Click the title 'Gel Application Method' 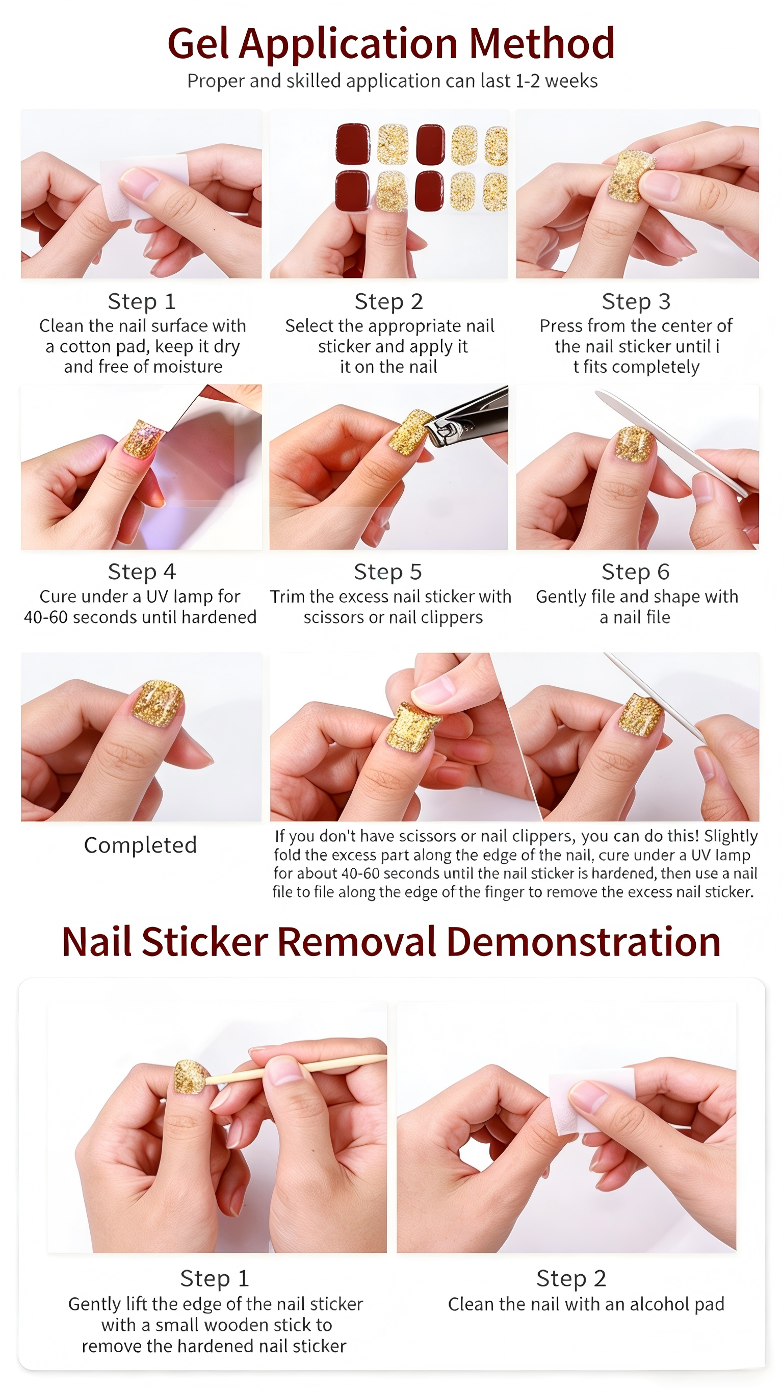pos(390,43)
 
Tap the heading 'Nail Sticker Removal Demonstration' pos(391,941)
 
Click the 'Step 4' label pos(142,571)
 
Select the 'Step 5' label pos(387,572)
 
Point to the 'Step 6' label pos(636,572)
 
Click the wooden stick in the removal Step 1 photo pos(296,1069)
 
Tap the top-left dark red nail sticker pos(353,144)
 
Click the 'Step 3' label pos(636,301)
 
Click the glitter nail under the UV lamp pos(143,439)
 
